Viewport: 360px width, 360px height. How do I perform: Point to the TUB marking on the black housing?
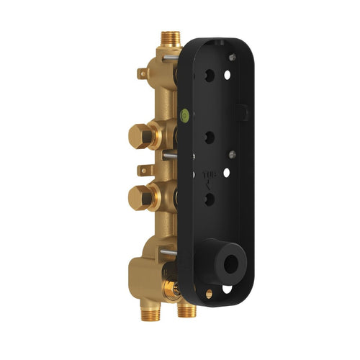click(207, 174)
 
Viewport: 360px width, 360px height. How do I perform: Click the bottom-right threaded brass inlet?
click(187, 310)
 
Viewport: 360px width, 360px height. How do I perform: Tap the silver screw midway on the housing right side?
click(232, 153)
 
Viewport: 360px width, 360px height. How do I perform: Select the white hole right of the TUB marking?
click(228, 174)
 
